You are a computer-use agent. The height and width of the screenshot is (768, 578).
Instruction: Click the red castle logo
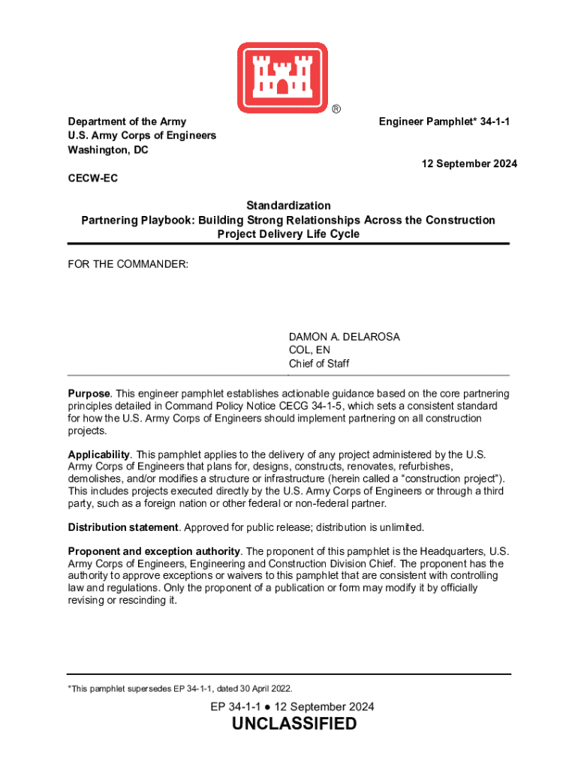point(283,74)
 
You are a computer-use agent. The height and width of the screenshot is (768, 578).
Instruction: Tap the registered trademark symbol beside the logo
point(337,109)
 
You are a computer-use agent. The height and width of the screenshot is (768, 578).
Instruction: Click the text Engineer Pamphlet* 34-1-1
point(447,121)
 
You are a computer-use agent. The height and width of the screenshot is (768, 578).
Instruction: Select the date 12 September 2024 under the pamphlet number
point(468,164)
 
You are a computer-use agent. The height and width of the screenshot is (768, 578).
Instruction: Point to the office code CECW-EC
point(93,178)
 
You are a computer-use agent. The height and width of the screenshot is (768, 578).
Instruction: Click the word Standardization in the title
point(288,205)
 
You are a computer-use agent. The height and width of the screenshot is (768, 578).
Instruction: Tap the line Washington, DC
point(108,150)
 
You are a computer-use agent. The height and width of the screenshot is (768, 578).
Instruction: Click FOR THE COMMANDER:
point(128,264)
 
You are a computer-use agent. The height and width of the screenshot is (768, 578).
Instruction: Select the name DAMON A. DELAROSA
point(345,337)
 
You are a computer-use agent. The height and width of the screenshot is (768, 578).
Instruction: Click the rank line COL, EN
point(309,350)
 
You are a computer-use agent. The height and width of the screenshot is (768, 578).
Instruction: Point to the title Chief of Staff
point(319,364)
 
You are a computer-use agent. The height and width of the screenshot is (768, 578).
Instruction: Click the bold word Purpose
point(89,394)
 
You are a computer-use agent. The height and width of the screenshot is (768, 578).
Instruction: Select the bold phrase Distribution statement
point(123,527)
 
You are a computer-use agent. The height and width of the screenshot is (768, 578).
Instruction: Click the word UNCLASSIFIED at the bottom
point(294,724)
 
